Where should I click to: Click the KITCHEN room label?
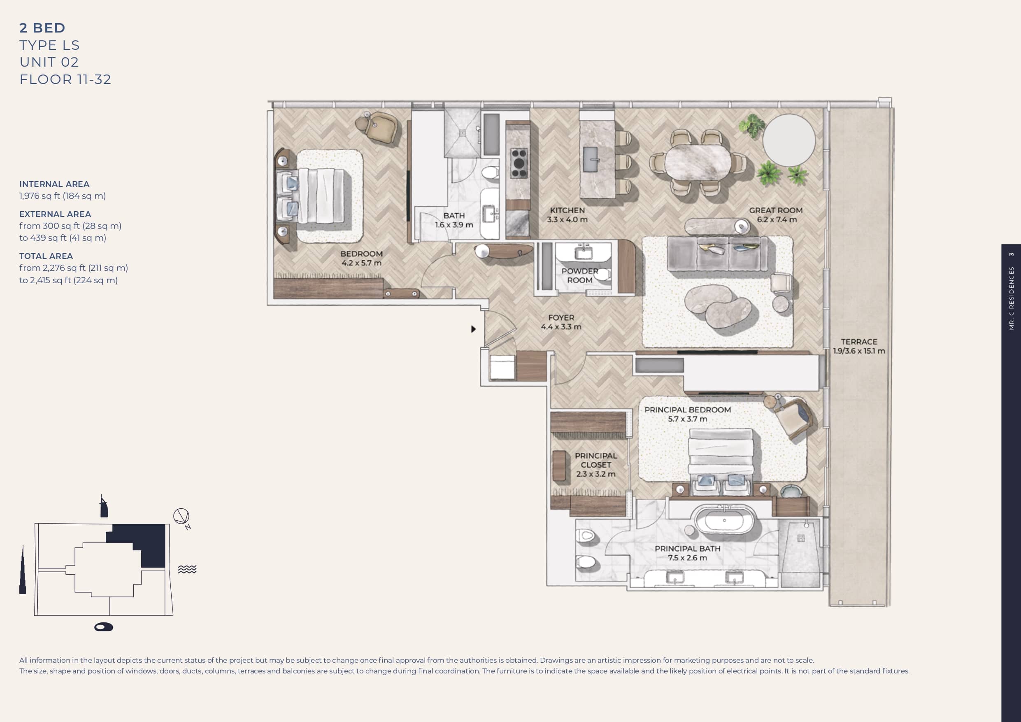click(567, 210)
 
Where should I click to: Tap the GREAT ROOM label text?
click(776, 210)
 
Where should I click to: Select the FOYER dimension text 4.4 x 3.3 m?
click(561, 327)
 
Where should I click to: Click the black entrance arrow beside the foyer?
click(474, 329)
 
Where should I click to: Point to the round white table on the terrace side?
click(789, 140)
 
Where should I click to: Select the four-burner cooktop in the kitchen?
click(519, 163)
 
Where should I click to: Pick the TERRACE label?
click(859, 342)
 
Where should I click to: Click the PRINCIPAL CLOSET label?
click(596, 460)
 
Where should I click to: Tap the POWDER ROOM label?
click(579, 275)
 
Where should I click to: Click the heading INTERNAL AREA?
click(54, 184)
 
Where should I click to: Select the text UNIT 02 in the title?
click(49, 62)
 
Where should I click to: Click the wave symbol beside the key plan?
click(187, 569)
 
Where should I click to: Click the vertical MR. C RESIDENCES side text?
click(1011, 298)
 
